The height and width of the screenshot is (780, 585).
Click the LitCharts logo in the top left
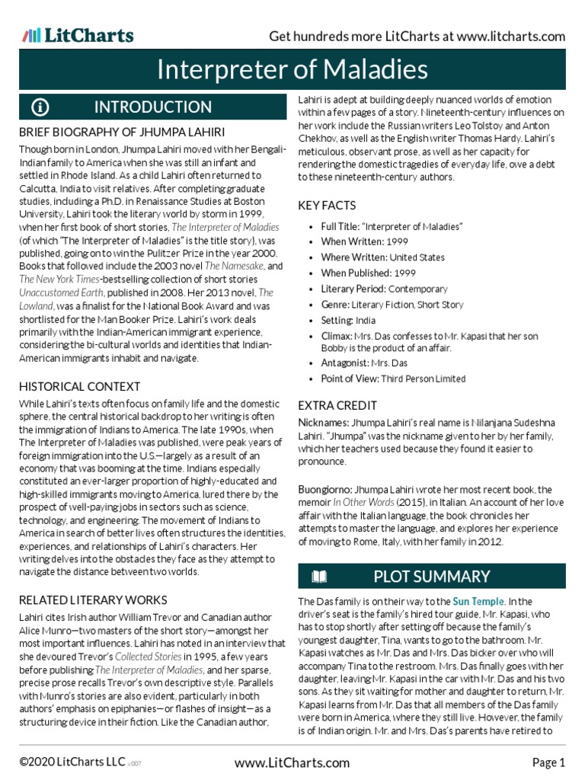pos(78,35)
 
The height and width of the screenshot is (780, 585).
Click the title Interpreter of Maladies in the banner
pos(292,70)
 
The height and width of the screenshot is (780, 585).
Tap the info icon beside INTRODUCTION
pos(40,107)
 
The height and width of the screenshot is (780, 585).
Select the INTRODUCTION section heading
pos(152,107)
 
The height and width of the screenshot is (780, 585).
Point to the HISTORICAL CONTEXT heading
pos(79,387)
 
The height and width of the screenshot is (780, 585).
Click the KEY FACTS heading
pos(327,206)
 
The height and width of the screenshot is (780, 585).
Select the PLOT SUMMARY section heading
pos(431,577)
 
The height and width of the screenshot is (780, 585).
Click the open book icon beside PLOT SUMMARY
pos(319,577)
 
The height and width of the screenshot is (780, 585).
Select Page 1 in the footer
pos(548,762)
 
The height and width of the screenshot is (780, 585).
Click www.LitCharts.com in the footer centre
pos(292,762)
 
